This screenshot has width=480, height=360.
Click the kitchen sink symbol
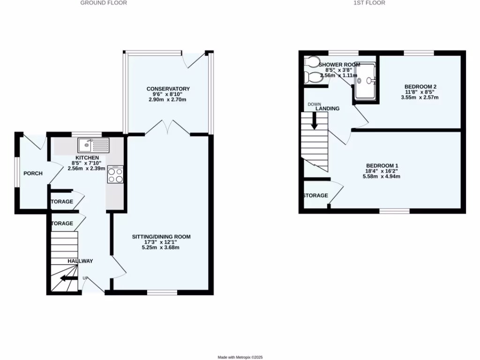click(x=94, y=145)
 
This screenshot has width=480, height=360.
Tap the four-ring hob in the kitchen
click(x=115, y=175)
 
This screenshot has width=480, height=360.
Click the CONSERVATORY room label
click(x=168, y=89)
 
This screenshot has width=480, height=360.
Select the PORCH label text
click(x=33, y=173)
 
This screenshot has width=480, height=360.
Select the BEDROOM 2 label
click(x=420, y=87)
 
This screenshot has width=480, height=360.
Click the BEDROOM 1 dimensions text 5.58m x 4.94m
click(x=382, y=177)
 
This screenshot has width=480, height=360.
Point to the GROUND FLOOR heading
click(x=104, y=3)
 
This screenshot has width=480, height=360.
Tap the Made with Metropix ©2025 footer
click(x=240, y=357)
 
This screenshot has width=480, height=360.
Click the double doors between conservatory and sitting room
click(x=167, y=128)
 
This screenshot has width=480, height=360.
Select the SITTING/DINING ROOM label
click(x=161, y=237)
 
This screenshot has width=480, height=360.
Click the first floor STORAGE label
click(x=315, y=195)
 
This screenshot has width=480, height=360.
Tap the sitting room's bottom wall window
click(x=162, y=292)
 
